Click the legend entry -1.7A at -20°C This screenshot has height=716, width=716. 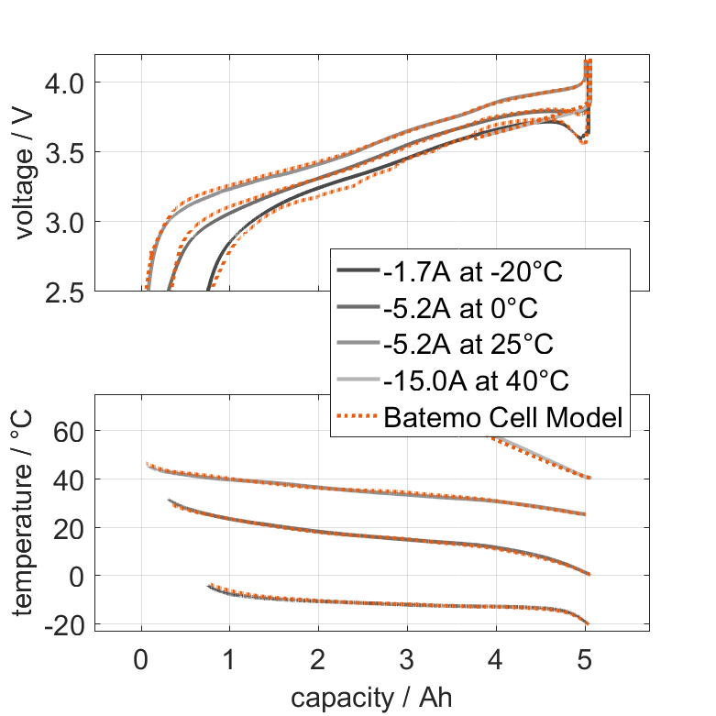point(473,271)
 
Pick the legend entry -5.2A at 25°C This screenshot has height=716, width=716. point(468,345)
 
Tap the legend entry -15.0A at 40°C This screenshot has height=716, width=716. point(473,381)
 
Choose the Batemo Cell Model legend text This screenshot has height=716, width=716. point(504,418)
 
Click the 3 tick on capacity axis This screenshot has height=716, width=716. point(407,661)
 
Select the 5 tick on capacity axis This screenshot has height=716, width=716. point(585,661)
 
